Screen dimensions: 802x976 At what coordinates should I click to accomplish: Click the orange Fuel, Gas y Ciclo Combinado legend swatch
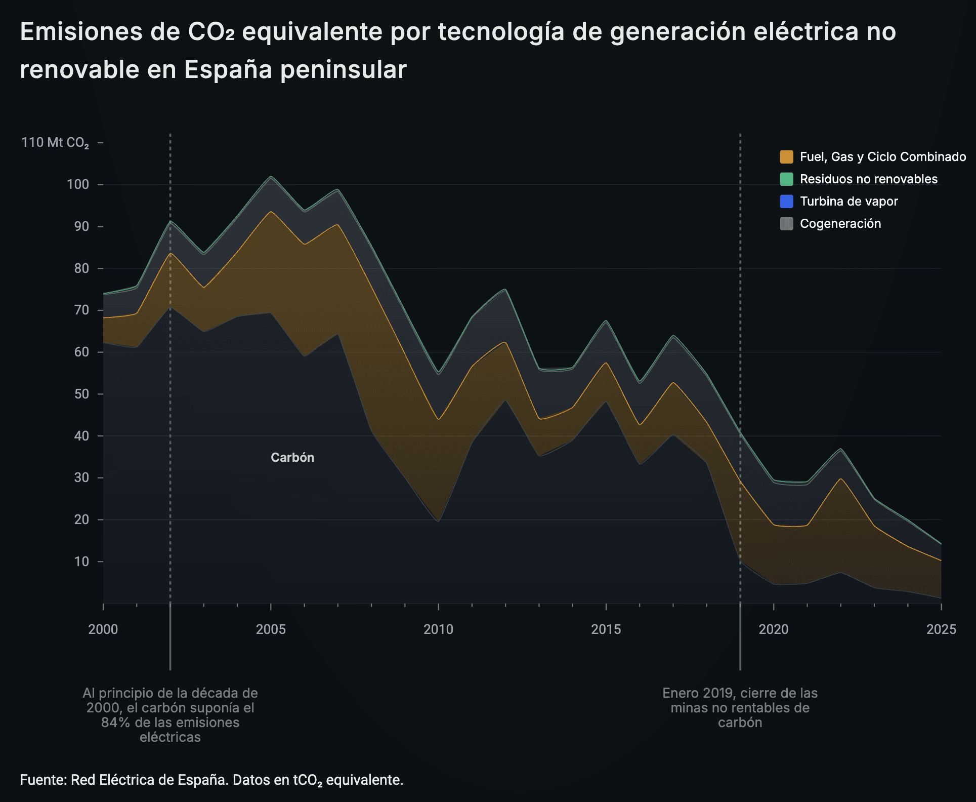pyautogui.click(x=786, y=157)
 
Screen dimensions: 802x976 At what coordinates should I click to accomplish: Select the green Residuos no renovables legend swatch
pyautogui.click(x=786, y=179)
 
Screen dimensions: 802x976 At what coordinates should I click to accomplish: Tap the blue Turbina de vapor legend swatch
pyautogui.click(x=786, y=202)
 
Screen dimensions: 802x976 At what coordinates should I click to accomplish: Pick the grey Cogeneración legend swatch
pyautogui.click(x=786, y=224)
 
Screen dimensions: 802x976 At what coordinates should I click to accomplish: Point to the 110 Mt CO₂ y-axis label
pyautogui.click(x=55, y=143)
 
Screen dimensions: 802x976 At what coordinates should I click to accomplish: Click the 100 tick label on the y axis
pyautogui.click(x=78, y=185)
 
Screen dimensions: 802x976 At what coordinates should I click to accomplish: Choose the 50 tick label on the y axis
pyautogui.click(x=81, y=394)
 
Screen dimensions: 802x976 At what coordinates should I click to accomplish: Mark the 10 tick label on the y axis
pyautogui.click(x=81, y=562)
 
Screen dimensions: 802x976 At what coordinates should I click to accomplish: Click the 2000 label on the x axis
pyautogui.click(x=103, y=629)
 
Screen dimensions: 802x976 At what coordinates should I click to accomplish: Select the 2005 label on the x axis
pyautogui.click(x=271, y=629)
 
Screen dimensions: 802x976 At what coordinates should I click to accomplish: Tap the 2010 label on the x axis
pyautogui.click(x=438, y=629)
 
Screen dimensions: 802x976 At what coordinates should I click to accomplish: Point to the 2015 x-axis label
pyautogui.click(x=606, y=629)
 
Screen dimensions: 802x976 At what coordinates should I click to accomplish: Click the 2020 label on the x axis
pyautogui.click(x=774, y=629)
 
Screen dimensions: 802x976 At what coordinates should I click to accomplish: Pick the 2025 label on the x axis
pyautogui.click(x=941, y=629)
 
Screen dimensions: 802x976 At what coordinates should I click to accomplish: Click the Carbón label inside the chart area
pyautogui.click(x=292, y=458)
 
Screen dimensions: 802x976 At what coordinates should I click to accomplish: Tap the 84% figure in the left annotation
pyautogui.click(x=115, y=723)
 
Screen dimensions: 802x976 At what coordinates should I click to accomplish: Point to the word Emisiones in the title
pyautogui.click(x=81, y=32)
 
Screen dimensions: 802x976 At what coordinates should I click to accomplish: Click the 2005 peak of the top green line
pyautogui.click(x=271, y=177)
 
